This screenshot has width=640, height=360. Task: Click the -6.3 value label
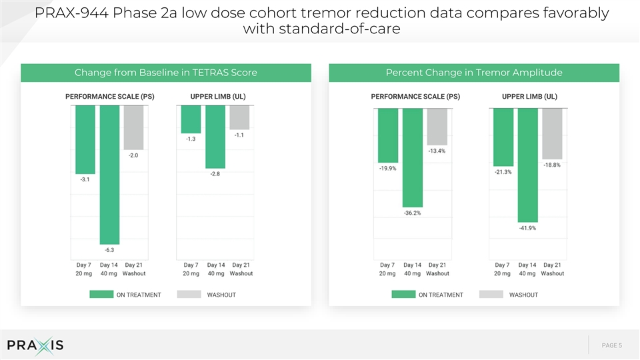click(x=109, y=250)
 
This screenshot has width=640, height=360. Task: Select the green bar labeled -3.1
click(x=85, y=139)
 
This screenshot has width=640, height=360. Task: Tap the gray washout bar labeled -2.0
click(x=133, y=128)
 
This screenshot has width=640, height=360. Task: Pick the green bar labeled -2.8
click(x=215, y=137)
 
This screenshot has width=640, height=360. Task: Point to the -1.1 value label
click(x=239, y=135)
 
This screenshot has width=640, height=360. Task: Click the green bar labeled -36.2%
click(x=413, y=158)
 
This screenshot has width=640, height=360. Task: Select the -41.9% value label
click(x=527, y=228)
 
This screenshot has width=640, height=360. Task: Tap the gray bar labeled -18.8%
click(x=552, y=134)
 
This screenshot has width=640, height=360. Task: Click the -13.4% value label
click(x=437, y=151)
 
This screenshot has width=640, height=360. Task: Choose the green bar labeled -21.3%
click(x=503, y=137)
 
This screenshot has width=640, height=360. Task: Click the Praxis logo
click(x=35, y=346)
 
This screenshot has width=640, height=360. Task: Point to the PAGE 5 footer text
click(x=612, y=345)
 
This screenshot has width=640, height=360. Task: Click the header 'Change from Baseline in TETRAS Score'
click(x=166, y=73)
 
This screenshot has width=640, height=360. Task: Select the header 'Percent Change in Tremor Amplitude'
click(x=474, y=73)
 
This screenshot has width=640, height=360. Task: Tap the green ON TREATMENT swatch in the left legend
click(x=101, y=294)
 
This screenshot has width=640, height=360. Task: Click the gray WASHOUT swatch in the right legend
click(x=491, y=294)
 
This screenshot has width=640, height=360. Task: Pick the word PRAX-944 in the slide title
click(x=71, y=13)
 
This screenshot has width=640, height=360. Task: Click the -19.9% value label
click(x=388, y=168)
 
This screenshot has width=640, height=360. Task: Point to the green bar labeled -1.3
click(x=191, y=119)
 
